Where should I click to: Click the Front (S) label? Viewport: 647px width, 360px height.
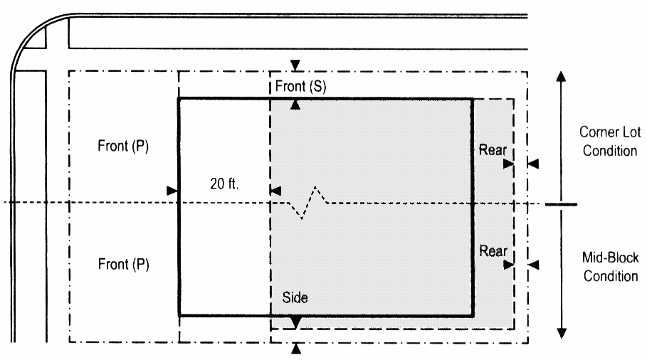coord(301,87)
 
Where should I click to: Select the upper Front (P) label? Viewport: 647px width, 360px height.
coord(123,146)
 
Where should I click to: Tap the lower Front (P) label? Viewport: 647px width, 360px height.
coord(123,264)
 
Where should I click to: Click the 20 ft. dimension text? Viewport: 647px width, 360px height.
coord(224,184)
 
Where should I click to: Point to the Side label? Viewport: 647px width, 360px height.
coord(295,297)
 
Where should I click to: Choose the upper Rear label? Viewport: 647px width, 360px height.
coord(493,149)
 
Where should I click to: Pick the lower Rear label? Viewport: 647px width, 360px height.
coord(493,250)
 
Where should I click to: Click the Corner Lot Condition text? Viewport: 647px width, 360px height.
coord(610,141)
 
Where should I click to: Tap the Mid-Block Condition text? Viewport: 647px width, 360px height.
coord(610,266)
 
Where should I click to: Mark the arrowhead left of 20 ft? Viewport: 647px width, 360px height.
coord(172,191)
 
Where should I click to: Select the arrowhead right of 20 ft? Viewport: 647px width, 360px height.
coord(275,191)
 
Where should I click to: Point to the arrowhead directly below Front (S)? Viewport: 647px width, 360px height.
coord(295,105)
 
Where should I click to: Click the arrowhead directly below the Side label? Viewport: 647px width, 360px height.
coord(295,322)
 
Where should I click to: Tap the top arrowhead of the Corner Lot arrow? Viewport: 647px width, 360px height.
coord(561,76)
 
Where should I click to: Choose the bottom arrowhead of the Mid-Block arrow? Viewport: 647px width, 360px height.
coord(562,333)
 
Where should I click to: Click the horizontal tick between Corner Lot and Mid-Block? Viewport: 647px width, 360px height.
coord(561,204)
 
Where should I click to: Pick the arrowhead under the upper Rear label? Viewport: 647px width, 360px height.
coord(508,164)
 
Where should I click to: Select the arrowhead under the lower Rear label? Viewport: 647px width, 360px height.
coord(509,265)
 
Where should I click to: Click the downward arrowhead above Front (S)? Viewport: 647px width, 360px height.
coord(295,65)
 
